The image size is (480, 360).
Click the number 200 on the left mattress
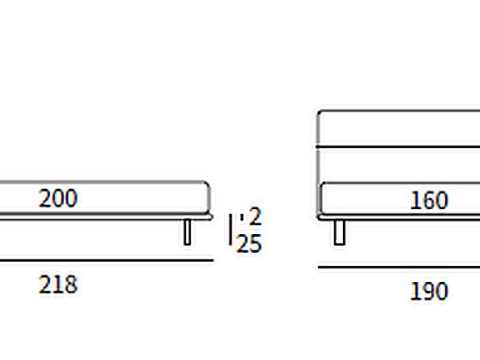tap(58, 198)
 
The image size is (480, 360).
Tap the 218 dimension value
tap(58, 285)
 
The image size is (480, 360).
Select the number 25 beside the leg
tap(249, 244)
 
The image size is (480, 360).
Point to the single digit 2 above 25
tap(255, 216)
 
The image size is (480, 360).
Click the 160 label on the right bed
tap(429, 200)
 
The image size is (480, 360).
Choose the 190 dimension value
tap(429, 291)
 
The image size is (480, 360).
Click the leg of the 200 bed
tap(187, 232)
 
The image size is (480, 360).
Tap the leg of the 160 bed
tap(340, 232)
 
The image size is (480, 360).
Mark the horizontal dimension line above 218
tap(106, 260)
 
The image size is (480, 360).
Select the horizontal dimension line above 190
tap(399, 267)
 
